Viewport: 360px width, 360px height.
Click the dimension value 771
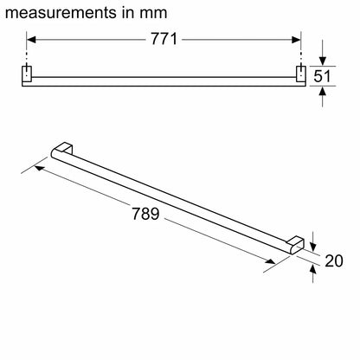tap(164, 39)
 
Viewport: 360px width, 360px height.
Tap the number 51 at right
tap(322, 76)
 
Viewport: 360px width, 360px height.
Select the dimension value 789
tap(145, 214)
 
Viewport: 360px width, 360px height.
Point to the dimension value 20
tap(334, 260)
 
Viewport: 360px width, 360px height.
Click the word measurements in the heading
tap(60, 13)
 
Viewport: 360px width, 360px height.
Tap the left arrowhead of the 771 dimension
tap(31, 40)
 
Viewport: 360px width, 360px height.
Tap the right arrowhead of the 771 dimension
tap(296, 40)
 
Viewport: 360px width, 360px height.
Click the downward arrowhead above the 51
tap(323, 61)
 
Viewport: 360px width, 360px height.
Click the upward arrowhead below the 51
tap(323, 91)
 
